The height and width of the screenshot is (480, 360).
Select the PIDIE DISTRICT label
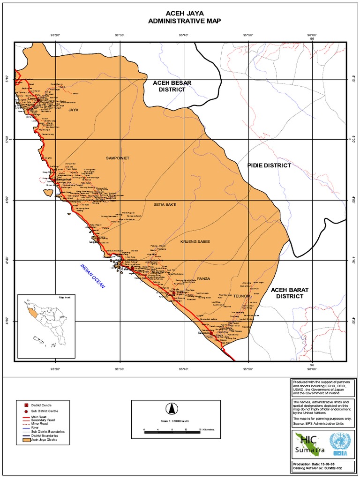(x=269, y=165)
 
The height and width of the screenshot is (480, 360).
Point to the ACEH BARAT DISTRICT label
(x=290, y=293)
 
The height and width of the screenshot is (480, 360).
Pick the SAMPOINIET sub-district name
(x=117, y=158)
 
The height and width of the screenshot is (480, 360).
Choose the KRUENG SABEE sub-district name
(x=195, y=241)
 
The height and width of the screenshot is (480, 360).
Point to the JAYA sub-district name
(x=73, y=110)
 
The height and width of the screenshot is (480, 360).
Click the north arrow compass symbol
(x=171, y=407)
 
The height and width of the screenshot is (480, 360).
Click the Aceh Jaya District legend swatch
(x=26, y=440)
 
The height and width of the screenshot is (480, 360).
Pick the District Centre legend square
(x=26, y=404)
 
